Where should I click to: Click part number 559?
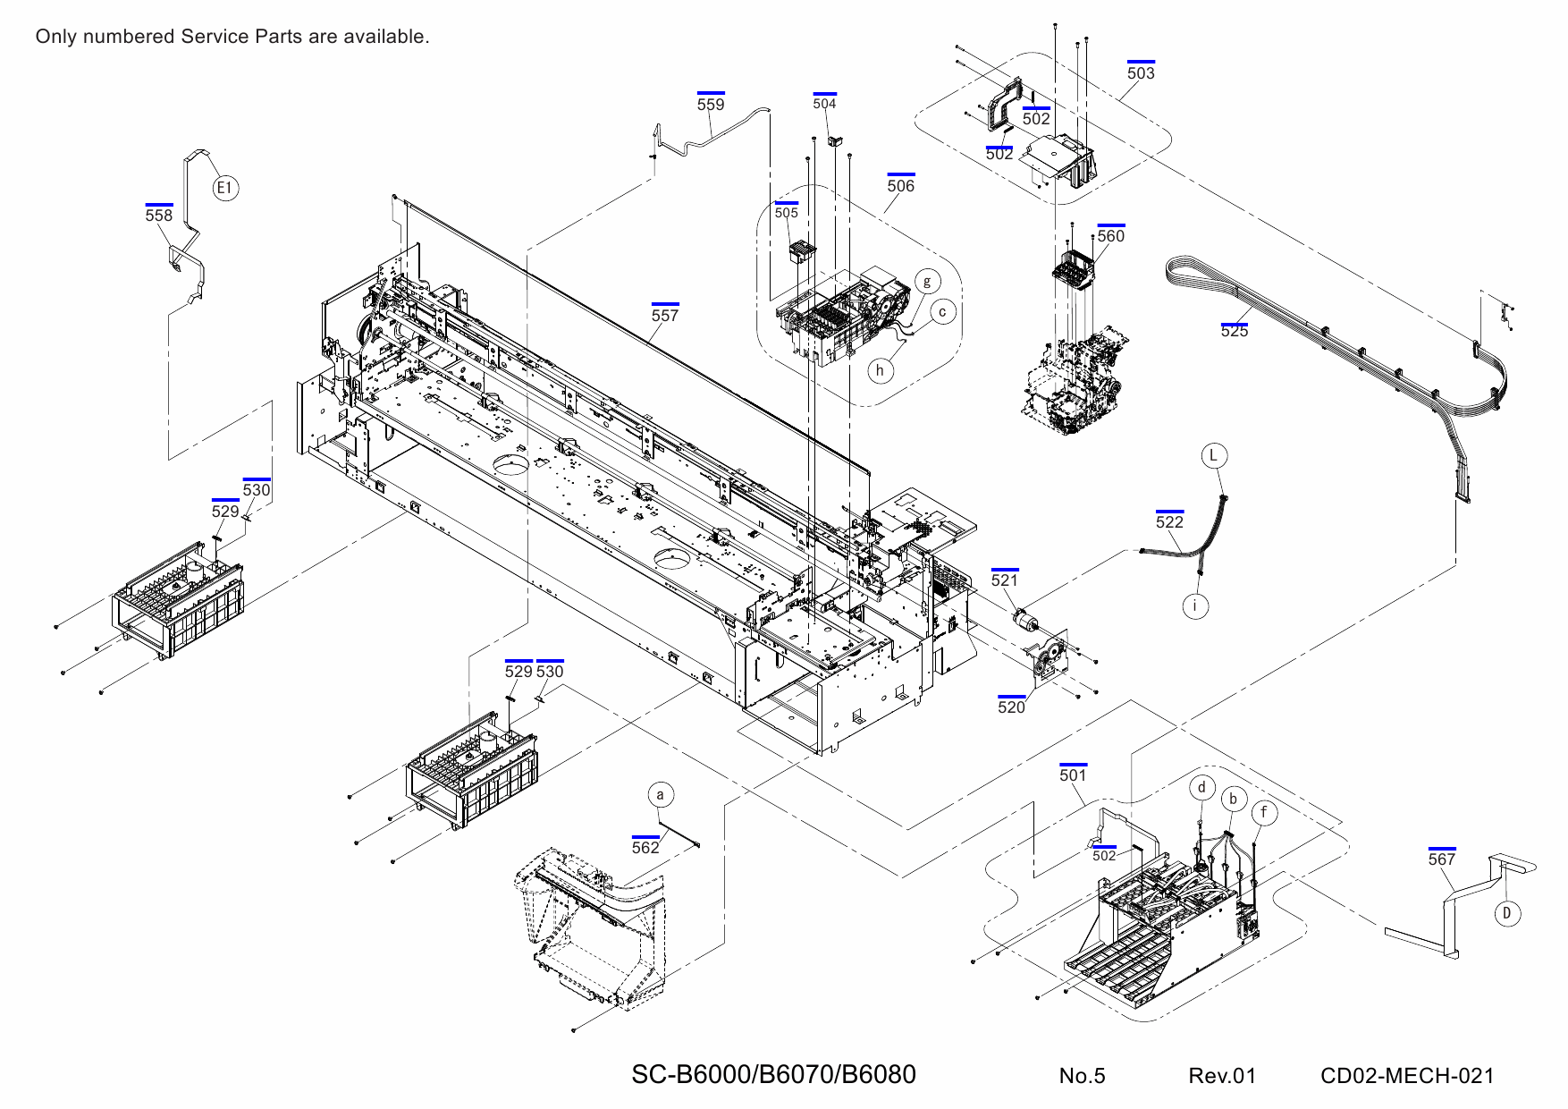pos(711,105)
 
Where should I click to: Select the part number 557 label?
pos(664,316)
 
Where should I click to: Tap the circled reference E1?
pos(225,188)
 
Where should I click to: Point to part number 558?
pos(159,216)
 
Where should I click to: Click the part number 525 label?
pos(1234,331)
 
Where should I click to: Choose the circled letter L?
pos(1213,455)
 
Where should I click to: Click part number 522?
pos(1169,522)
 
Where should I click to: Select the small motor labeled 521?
pos(1024,617)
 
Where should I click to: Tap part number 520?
pos(1011,707)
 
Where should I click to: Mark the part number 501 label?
pos(1073,775)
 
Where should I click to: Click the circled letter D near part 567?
pos(1507,913)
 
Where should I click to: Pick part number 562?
pos(645,848)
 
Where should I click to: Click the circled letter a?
pos(660,795)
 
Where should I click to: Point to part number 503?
pos(1141,73)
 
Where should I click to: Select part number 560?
pos(1110,236)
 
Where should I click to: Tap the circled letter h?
pos(880,370)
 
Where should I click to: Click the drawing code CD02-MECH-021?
pos(1407,1076)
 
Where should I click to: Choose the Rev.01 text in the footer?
pos(1222,1076)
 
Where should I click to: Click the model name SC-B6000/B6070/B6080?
pos(773,1075)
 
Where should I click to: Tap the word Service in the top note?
pos(215,37)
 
